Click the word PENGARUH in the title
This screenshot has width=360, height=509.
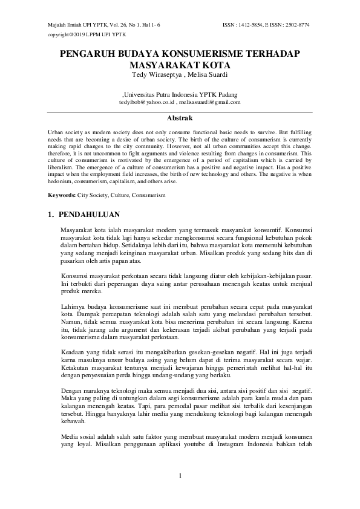85,54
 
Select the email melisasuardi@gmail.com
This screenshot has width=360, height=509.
209,102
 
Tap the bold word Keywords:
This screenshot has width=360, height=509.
62,196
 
